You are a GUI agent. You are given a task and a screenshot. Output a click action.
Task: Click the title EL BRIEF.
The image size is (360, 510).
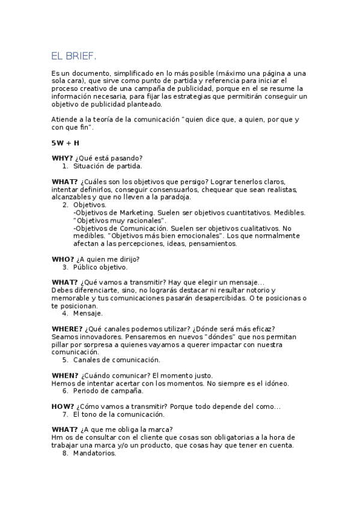pos(74,56)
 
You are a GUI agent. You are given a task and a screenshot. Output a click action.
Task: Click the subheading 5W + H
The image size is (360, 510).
pos(65,143)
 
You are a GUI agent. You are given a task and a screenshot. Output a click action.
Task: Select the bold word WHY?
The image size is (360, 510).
pos(63,158)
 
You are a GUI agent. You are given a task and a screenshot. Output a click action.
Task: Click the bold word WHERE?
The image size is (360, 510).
pos(67,328)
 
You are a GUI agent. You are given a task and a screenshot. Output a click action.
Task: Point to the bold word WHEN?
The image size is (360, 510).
pos(64,375)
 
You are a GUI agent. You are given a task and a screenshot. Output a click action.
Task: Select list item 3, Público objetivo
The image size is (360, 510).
pos(100,267)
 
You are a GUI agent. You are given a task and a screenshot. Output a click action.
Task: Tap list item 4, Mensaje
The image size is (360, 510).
pos(88,313)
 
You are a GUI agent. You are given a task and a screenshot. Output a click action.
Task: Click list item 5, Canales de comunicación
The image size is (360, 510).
pos(117,360)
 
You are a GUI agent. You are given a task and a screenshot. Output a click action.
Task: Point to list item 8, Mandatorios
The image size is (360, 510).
pos(94,453)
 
